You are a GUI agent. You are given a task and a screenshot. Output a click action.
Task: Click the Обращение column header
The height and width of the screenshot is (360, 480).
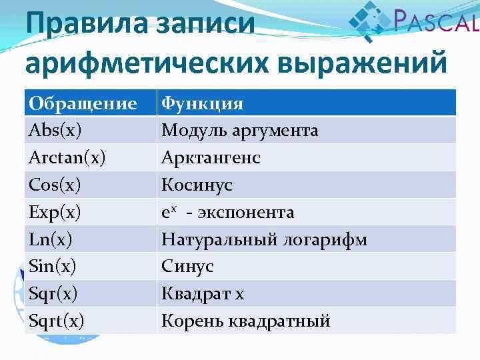(83, 103)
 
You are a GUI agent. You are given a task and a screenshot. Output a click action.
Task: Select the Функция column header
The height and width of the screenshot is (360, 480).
(203, 103)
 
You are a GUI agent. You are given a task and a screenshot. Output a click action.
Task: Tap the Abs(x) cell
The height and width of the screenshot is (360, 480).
(56, 130)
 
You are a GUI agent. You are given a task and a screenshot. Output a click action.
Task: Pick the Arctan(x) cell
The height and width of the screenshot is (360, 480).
(67, 157)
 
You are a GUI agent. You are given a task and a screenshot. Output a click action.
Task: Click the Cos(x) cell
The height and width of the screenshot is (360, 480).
(56, 185)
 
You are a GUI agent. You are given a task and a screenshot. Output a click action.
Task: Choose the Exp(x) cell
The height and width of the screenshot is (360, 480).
(56, 212)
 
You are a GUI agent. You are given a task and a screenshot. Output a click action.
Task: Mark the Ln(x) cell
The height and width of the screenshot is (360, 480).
(51, 239)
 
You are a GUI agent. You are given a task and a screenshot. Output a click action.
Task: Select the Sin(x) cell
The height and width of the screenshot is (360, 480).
(53, 267)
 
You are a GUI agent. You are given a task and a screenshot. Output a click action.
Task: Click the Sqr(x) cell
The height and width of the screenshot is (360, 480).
(53, 294)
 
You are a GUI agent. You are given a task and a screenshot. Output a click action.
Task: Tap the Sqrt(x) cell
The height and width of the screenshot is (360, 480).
(57, 321)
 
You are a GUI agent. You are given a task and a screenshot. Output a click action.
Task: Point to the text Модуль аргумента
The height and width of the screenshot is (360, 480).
(240, 131)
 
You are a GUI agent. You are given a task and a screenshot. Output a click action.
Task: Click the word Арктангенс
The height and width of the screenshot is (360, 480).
(211, 158)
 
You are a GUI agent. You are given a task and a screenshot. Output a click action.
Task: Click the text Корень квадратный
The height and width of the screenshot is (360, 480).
(246, 321)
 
